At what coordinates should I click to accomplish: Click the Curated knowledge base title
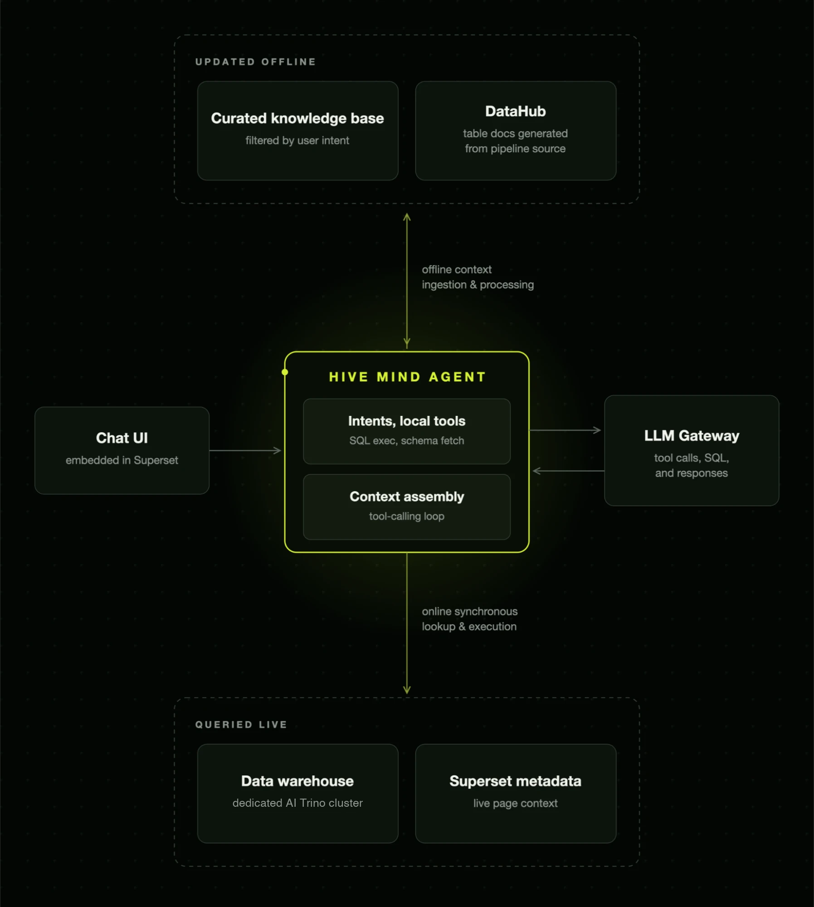click(297, 118)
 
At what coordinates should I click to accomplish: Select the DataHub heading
click(516, 111)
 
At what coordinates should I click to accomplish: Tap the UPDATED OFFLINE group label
click(256, 62)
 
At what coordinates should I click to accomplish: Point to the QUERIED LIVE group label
click(241, 724)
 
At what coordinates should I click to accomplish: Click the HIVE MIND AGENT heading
click(407, 377)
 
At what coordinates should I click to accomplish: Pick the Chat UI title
click(122, 438)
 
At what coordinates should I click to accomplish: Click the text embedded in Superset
click(122, 460)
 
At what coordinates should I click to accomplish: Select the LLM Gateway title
click(692, 436)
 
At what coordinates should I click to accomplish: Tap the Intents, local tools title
click(407, 421)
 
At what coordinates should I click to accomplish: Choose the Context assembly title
click(407, 497)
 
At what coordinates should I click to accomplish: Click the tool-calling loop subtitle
click(407, 516)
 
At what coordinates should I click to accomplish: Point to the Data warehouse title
click(297, 781)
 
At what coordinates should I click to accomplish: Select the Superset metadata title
click(516, 781)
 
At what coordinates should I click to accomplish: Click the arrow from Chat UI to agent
click(245, 450)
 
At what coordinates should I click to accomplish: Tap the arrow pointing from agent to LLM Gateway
click(565, 430)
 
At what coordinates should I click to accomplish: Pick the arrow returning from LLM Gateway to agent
click(569, 471)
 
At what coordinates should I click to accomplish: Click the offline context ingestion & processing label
click(478, 277)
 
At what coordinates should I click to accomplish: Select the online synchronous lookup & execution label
click(470, 619)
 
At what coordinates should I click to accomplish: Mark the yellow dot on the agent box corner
click(285, 372)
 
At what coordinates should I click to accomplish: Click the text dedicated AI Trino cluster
click(297, 803)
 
